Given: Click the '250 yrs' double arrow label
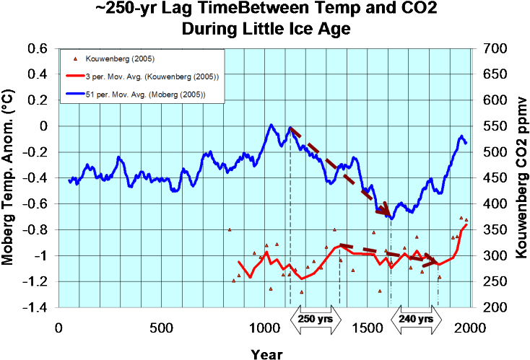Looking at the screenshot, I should coord(315,319).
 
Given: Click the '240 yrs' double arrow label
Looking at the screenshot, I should coord(417,319).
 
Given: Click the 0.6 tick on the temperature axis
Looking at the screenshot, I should coord(38,49).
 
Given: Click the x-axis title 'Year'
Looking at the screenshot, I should coord(264,353).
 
